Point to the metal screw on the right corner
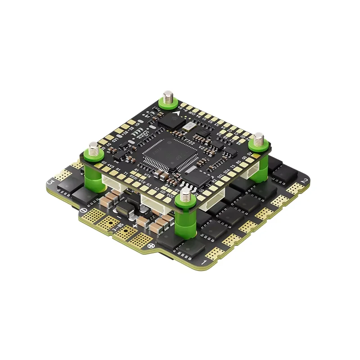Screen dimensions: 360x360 [x=259, y=138]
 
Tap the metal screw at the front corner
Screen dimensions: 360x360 [x=185, y=194]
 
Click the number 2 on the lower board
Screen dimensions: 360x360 [x=306, y=181]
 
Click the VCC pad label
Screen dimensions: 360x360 [x=169, y=194]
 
